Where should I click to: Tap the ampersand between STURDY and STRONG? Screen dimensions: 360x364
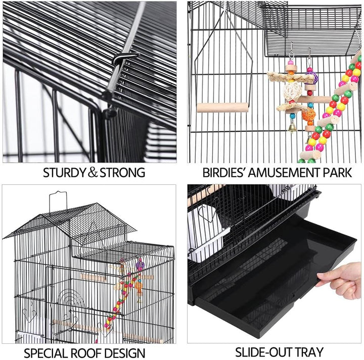click(93, 173)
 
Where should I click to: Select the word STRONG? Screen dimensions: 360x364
click(121, 173)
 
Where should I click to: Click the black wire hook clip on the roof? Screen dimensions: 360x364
click(126, 58)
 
